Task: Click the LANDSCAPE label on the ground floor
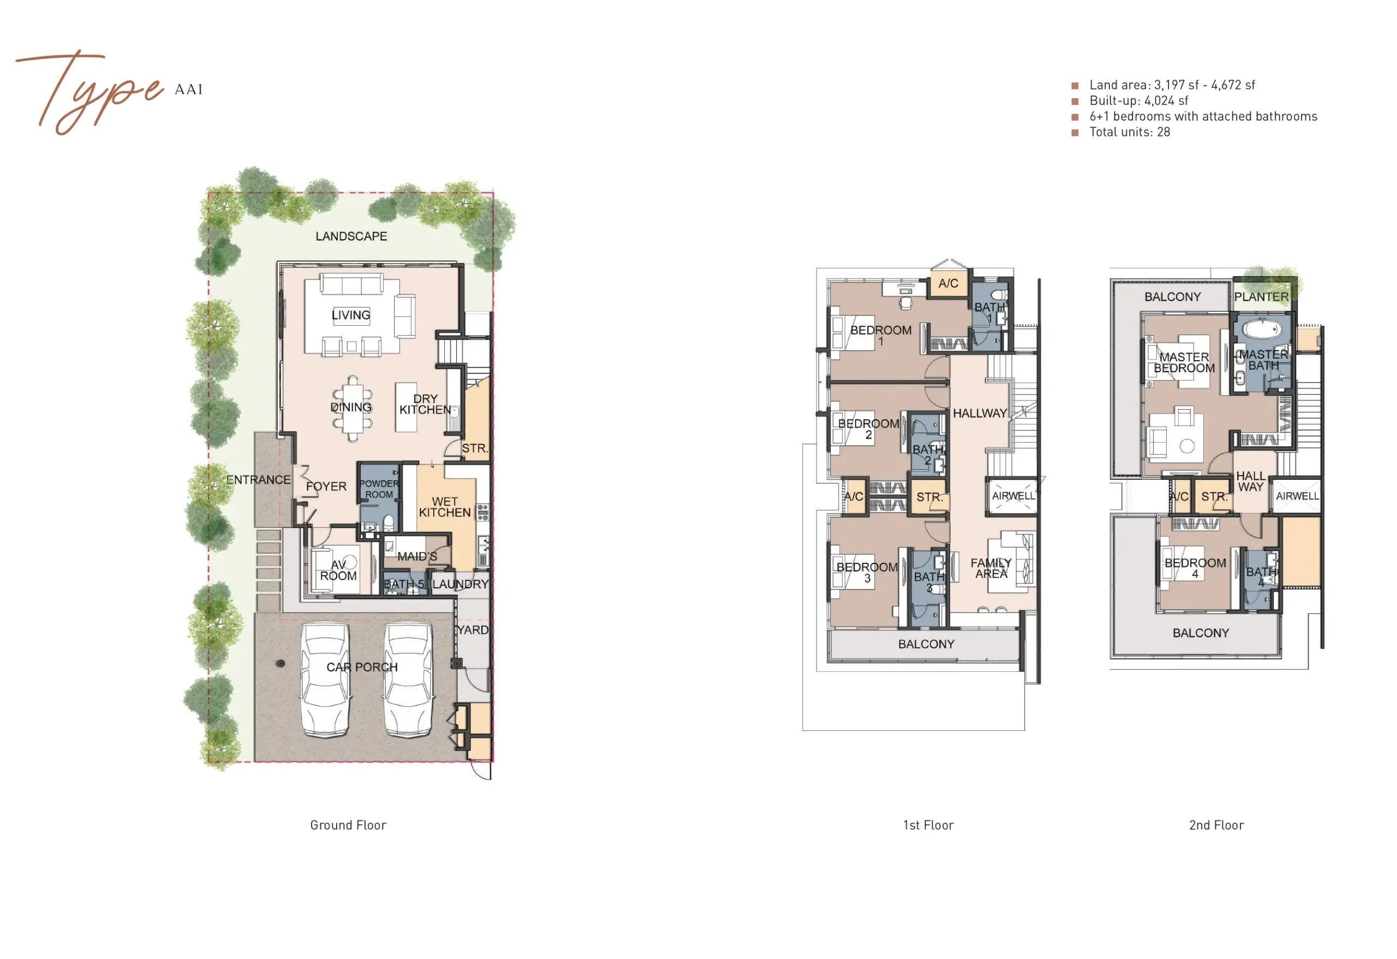(351, 236)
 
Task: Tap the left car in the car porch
(325, 680)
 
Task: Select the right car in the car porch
(408, 680)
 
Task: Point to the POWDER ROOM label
(379, 489)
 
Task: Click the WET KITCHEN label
(445, 507)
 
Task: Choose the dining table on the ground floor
(353, 408)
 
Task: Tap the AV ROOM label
(338, 570)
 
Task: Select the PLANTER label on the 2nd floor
(1262, 297)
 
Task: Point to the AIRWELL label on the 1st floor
(1013, 496)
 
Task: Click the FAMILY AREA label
(991, 568)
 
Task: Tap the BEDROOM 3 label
(867, 573)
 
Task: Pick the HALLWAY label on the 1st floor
(980, 414)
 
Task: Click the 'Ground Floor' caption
(348, 825)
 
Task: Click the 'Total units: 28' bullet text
(1130, 132)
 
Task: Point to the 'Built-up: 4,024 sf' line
(1138, 101)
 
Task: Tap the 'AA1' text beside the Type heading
(189, 90)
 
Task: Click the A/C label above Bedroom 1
(948, 283)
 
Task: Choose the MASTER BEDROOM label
(1184, 362)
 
